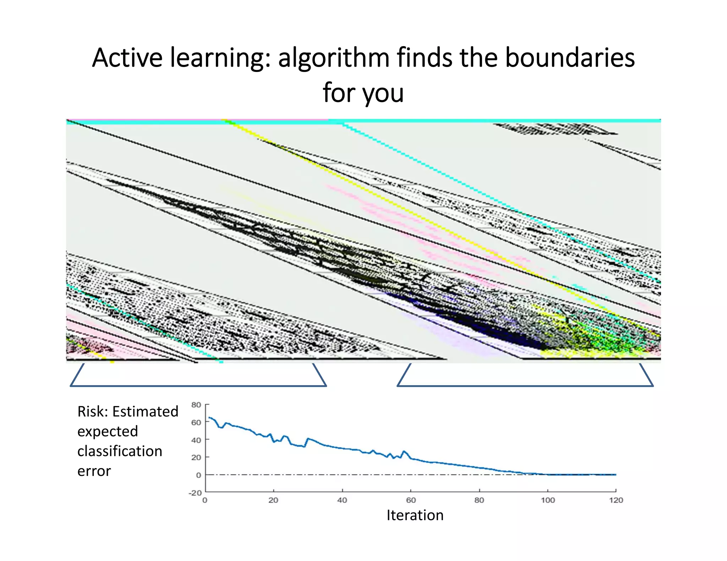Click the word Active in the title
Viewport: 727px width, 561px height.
127,58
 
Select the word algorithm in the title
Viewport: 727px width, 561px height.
334,58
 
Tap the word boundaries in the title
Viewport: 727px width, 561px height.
570,58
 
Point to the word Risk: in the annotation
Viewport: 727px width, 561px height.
93,412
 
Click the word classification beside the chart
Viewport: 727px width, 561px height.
120,451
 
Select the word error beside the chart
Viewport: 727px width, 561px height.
94,471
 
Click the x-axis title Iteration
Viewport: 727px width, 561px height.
415,515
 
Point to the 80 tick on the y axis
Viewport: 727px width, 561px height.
196,405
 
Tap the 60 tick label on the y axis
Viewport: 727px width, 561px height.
196,422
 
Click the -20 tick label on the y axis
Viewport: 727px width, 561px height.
195,493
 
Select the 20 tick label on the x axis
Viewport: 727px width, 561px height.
273,500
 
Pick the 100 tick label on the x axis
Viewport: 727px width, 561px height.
548,500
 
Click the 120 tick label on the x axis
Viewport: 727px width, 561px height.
616,500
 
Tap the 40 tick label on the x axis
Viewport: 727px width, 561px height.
342,500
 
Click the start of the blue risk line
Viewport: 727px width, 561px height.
209,417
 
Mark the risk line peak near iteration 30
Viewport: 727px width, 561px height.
308,439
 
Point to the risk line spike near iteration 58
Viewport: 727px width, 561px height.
404,451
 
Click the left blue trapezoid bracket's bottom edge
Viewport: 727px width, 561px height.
198,386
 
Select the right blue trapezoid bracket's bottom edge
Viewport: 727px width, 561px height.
525,386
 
